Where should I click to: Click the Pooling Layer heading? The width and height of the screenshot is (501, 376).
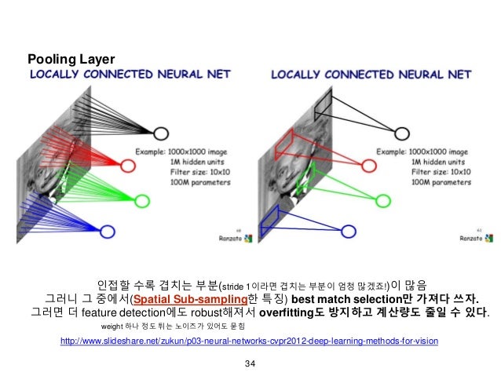click(71, 59)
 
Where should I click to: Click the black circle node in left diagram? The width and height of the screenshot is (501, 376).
click(160, 134)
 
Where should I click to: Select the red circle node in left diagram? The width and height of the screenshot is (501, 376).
click(130, 166)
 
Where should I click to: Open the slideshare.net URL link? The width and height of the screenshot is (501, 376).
click(243, 342)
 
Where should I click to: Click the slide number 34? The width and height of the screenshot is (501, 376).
click(251, 363)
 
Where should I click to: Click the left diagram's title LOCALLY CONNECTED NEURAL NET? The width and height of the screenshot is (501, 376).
click(130, 75)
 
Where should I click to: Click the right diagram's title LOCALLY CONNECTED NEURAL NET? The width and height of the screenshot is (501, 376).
click(370, 75)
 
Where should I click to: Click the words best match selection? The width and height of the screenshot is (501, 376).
click(337, 298)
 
